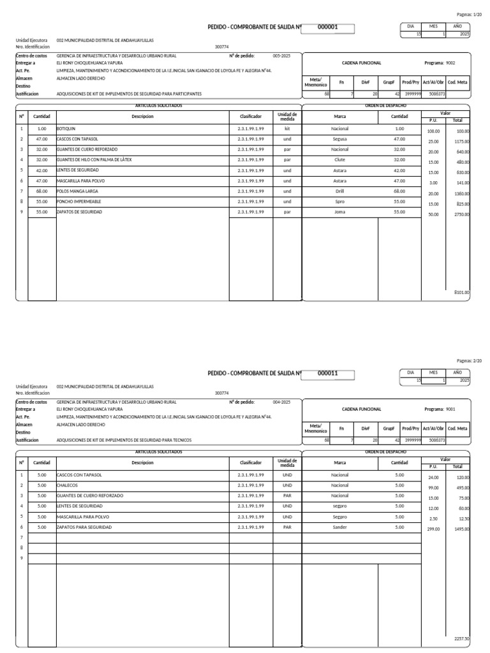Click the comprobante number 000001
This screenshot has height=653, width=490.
coord(327,27)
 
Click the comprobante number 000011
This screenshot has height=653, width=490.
coord(327,373)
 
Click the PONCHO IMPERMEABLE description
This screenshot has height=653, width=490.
coord(80,201)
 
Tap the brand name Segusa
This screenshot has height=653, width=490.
coord(339,139)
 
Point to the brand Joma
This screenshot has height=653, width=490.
coord(339,211)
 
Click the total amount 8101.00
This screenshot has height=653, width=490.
coord(461,292)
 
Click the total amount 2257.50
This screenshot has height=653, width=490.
coord(461,638)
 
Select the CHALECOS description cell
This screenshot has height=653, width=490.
coord(67,485)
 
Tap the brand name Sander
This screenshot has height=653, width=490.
coord(339,527)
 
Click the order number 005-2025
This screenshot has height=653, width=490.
coord(281,56)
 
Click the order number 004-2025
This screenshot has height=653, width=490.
coord(281,402)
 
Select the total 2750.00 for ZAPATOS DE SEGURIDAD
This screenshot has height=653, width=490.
coord(461,215)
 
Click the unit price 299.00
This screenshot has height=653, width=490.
coord(433,529)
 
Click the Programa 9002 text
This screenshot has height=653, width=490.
coord(440,63)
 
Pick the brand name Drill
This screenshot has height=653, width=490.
coord(339,191)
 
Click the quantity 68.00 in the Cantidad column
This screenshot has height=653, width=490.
coord(42,191)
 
